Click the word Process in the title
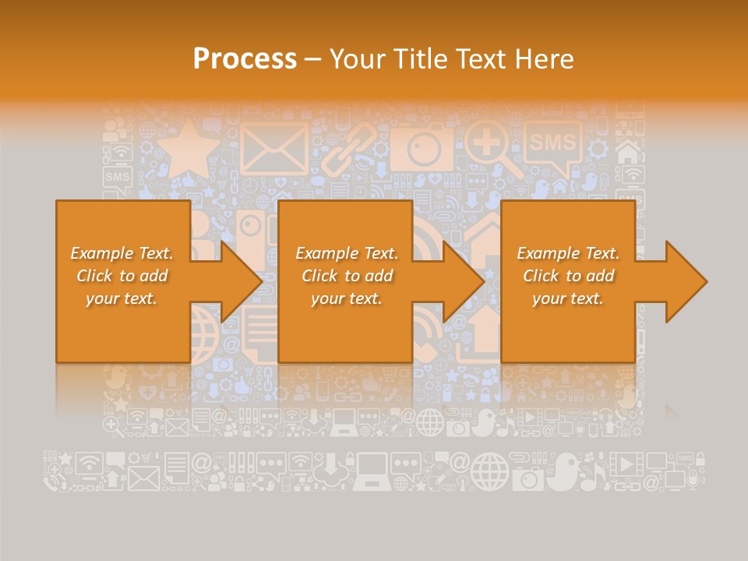tap(245, 59)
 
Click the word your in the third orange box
tap(550, 298)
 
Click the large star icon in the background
tap(188, 148)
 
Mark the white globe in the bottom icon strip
tap(489, 472)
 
